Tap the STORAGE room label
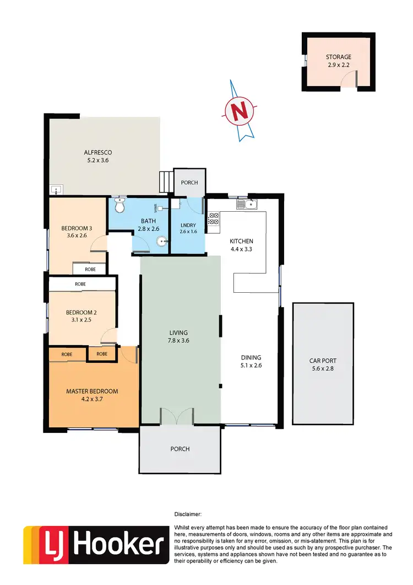[338, 57]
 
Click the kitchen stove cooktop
[213, 218]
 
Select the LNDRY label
[188, 225]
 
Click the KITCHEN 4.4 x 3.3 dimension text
[241, 249]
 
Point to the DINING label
[251, 357]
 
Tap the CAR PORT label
[322, 361]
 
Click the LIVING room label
[178, 332]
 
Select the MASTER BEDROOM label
[92, 391]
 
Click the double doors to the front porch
[177, 416]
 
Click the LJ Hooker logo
[96, 544]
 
